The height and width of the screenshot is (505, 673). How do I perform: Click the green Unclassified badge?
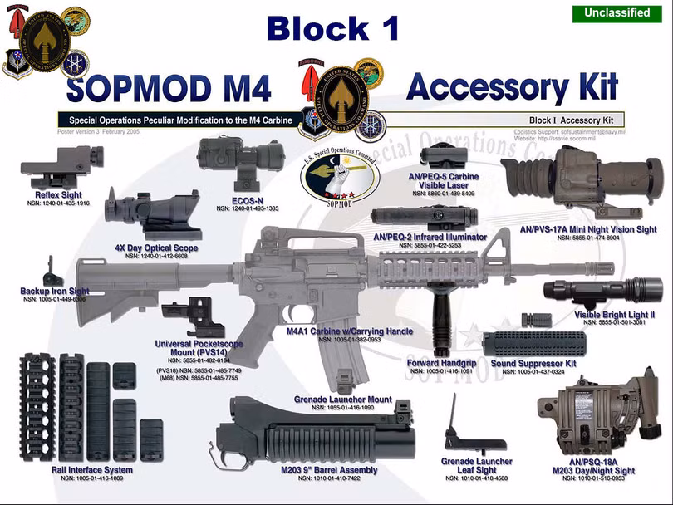tap(617, 13)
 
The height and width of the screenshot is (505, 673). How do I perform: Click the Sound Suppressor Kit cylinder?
tap(533, 344)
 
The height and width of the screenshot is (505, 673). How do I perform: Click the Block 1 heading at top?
tap(333, 28)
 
